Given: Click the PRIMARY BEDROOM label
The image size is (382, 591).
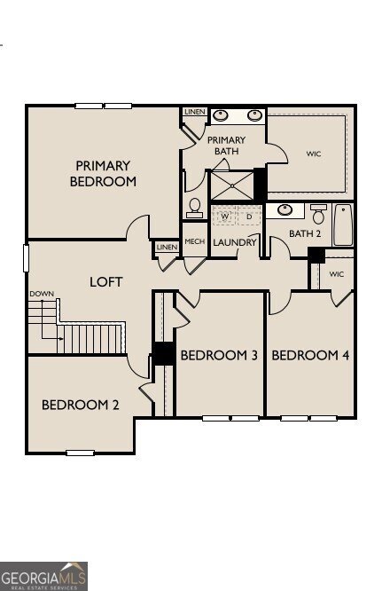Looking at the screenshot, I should [x=103, y=173].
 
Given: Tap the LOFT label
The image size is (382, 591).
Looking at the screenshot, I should [x=105, y=282].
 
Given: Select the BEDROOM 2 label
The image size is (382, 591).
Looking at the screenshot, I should [x=80, y=405].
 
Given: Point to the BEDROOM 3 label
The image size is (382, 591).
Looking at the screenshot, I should [x=219, y=355].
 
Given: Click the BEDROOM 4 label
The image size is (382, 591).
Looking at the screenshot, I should [x=310, y=355].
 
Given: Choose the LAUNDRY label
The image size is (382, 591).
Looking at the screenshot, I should [x=235, y=242].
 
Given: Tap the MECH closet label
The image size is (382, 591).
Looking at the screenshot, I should [x=194, y=242].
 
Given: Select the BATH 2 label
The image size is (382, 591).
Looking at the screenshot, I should [x=306, y=233].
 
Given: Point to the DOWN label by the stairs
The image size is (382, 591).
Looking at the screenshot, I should [x=41, y=294].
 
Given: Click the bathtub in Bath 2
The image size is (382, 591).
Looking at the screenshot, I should [x=343, y=225].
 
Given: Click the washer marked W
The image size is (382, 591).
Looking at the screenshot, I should [x=224, y=217].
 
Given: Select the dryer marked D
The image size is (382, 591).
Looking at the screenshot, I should [x=248, y=217].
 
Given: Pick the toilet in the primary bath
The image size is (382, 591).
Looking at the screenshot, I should [x=195, y=208].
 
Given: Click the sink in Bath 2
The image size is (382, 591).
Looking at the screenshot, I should [x=285, y=210].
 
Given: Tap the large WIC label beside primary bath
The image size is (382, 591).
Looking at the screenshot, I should [x=313, y=154].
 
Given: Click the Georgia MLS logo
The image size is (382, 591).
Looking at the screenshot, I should [x=44, y=576].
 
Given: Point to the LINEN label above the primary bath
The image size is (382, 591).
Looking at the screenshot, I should [x=194, y=112].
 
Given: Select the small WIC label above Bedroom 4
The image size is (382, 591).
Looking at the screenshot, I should [x=336, y=274].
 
